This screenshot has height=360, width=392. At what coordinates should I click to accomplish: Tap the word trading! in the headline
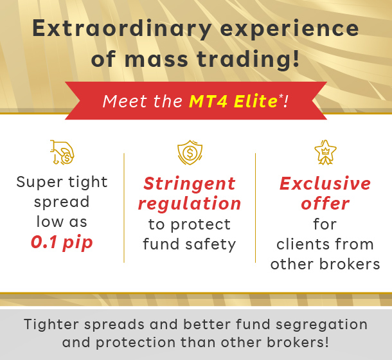point(249,59)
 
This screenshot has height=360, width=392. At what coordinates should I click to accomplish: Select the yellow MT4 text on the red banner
point(208,101)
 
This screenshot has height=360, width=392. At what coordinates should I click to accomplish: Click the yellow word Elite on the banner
point(255,101)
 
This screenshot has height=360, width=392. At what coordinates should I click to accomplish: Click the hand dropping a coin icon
point(62,152)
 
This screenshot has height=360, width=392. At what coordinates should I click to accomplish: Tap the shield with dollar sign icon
point(190,152)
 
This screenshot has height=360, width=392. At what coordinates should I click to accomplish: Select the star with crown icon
point(325,152)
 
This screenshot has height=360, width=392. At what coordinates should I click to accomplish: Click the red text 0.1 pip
point(62,242)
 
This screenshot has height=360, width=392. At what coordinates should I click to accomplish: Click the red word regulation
point(190,204)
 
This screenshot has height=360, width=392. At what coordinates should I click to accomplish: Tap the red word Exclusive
point(325,183)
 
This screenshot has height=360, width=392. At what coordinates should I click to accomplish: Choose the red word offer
point(325,203)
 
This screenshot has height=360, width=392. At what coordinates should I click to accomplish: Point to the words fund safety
point(190,244)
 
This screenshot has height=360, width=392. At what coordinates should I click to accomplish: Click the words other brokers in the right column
point(325,264)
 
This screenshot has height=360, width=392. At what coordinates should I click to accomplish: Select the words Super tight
point(62,183)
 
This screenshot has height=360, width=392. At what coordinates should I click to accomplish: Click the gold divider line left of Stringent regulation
point(124,208)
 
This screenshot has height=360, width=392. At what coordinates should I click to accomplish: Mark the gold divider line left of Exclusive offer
point(255,208)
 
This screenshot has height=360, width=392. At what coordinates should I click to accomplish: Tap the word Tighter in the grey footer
point(51,324)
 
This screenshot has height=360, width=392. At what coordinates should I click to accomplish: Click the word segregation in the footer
point(321,325)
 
